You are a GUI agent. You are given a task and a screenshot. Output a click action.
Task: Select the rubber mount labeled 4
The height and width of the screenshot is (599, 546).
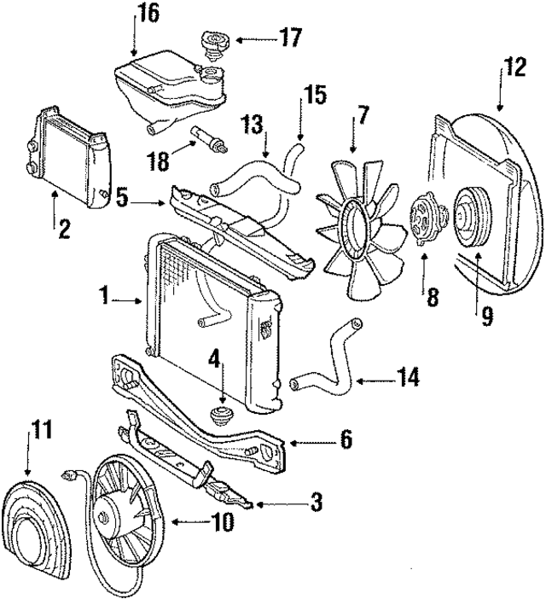point(221,418)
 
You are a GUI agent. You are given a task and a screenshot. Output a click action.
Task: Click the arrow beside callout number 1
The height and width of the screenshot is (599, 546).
point(131,299)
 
